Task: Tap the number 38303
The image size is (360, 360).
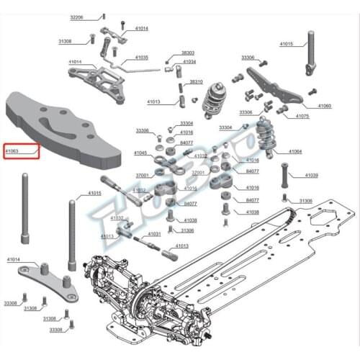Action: (x=187, y=53)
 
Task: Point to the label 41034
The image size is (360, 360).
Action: (x=189, y=62)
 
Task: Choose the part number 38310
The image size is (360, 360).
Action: (x=196, y=82)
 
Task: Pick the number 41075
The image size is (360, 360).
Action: (x=302, y=116)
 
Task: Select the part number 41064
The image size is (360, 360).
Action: (x=295, y=152)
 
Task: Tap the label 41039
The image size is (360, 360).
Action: (x=311, y=175)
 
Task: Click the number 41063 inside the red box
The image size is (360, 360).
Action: (x=13, y=152)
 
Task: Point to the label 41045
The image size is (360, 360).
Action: (x=140, y=153)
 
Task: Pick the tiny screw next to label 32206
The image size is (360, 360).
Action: (x=104, y=16)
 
